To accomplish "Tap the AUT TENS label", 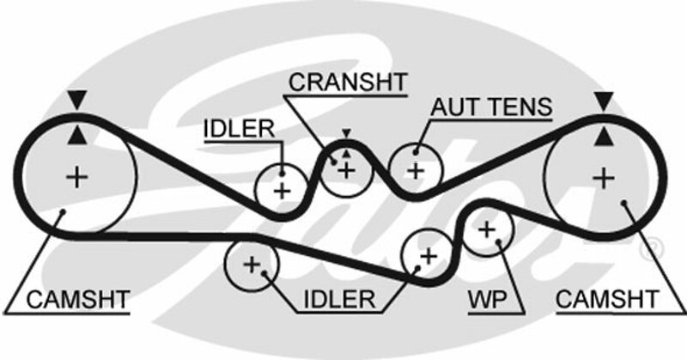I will click(492, 107).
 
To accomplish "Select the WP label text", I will click(484, 300).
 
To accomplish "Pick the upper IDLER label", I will click(238, 129).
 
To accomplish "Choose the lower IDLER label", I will click(338, 300).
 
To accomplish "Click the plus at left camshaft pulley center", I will click(78, 178).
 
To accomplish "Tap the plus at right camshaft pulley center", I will click(605, 178).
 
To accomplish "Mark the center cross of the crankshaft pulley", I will click(346, 170).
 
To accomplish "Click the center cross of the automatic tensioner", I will click(416, 169).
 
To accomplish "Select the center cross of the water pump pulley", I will click(487, 229).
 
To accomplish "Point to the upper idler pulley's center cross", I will click(282, 189).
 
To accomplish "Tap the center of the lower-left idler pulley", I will click(252, 265).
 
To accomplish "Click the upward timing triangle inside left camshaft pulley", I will click(78, 135).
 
